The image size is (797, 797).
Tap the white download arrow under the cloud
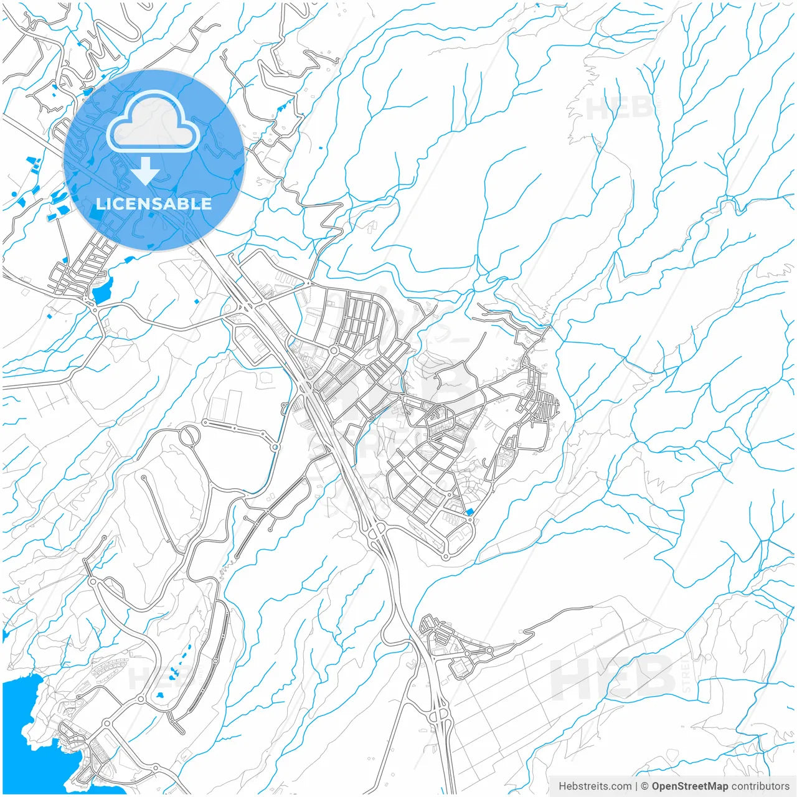(x=145, y=171)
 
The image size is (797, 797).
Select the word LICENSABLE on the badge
(x=154, y=204)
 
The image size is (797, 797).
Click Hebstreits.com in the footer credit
(x=595, y=786)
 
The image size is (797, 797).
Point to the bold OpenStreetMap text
(x=689, y=786)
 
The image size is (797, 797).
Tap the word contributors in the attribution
(x=760, y=786)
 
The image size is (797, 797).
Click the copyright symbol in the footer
(x=644, y=786)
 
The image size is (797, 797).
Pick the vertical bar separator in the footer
(x=636, y=786)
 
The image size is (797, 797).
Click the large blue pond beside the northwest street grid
(x=101, y=290)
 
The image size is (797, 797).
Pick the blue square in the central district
(x=469, y=512)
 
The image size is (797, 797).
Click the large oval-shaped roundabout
(x=190, y=435)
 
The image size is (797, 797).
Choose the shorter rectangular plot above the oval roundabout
(x=217, y=408)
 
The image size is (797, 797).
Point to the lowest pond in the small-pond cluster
(x=161, y=694)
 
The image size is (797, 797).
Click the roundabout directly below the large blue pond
(x=95, y=309)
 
